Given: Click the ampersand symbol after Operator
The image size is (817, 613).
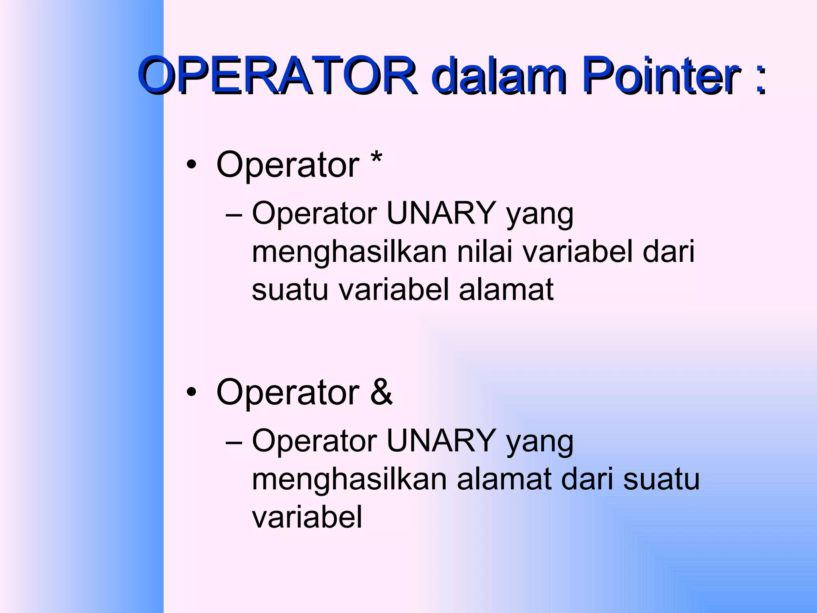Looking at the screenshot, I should pos(381,392).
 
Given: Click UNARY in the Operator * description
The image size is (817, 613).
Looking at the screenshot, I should pos(441,213).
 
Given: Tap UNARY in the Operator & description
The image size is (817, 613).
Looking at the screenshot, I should pos(441,441).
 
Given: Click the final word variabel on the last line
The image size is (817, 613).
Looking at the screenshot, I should pos(307,517).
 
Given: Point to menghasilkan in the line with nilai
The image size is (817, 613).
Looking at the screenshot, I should pos(349,252).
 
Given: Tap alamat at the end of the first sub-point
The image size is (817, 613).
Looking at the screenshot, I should pos(506,289).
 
